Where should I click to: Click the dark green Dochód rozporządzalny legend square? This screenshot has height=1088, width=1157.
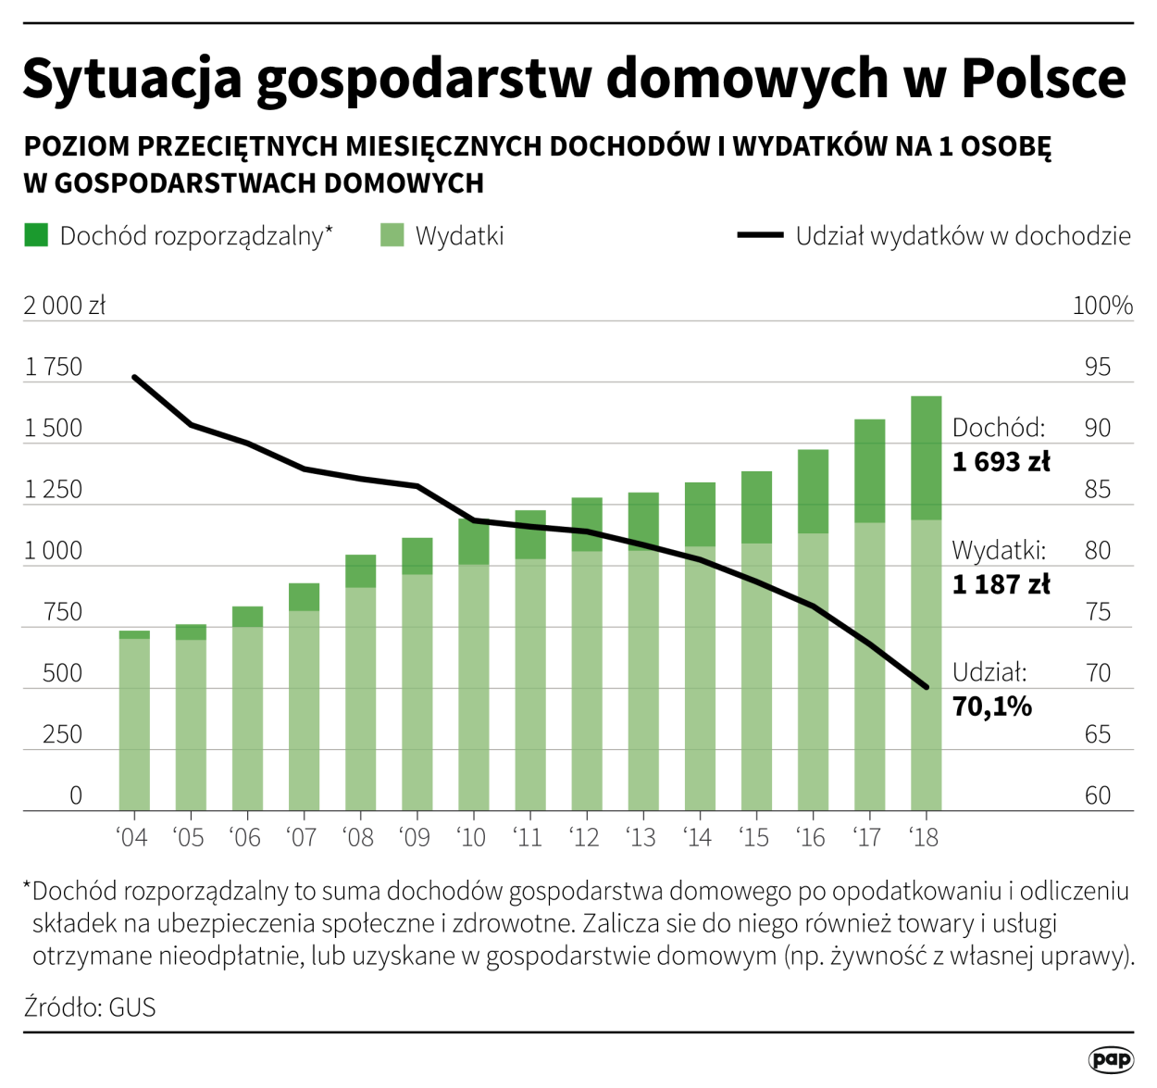pos(36,235)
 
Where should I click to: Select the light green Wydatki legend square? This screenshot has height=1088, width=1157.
pos(392,235)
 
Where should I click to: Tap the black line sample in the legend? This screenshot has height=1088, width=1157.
pos(760,235)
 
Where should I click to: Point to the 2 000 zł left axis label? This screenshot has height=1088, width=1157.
pos(65,306)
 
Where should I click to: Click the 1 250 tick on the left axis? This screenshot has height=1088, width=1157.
pos(54,489)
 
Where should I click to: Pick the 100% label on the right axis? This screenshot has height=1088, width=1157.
pos(1102,306)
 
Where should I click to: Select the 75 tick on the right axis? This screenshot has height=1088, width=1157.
pos(1098,612)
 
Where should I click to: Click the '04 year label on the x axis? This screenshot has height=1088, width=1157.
pos(132,838)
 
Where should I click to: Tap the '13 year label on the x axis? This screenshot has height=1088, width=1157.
pos(641,838)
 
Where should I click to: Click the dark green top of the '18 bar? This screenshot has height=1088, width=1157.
pos(927,457)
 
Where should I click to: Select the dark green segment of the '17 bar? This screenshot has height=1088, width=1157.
pos(869,470)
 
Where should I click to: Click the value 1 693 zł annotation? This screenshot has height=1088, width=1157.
pos(1001,461)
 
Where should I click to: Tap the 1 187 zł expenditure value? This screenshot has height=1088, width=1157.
pos(1001,584)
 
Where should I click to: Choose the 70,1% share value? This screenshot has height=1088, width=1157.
pos(991,707)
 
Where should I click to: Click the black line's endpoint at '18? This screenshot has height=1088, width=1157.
pos(927,687)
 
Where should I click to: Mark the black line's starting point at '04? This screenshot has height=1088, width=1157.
pos(134,377)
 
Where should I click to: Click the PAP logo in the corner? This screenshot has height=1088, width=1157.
pos(1111,1059)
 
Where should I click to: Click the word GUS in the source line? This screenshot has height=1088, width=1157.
pos(132,1007)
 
